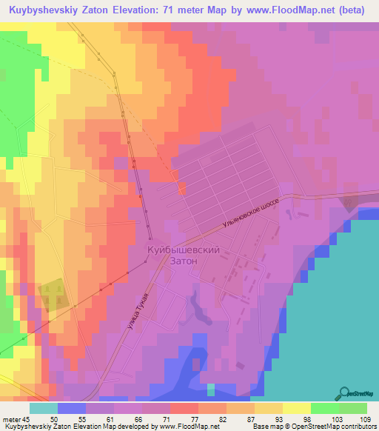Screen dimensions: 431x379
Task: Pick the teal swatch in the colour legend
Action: point(43,407)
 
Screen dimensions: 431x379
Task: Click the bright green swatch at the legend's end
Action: point(352,407)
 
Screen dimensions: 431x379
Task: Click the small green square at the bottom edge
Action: point(211,390)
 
